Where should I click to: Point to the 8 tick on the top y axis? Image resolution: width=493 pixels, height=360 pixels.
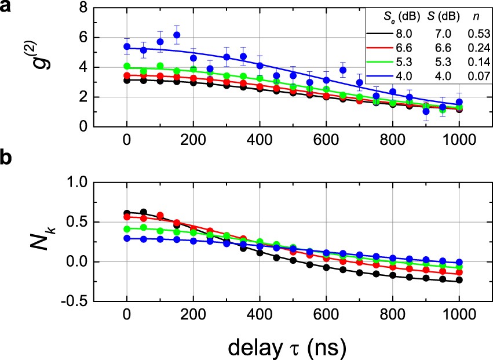coord(83,8)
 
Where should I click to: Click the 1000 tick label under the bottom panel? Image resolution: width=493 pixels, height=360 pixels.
coord(459,314)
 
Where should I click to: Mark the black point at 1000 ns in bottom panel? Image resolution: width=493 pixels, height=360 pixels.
coord(459,281)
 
